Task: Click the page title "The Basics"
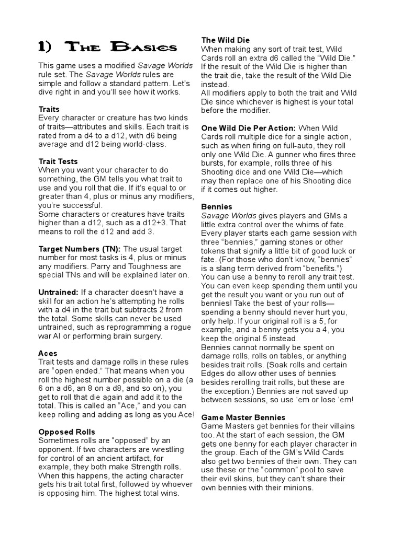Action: pyautogui.click(x=107, y=48)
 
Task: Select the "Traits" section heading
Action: pyautogui.click(x=49, y=109)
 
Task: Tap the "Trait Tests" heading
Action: pyautogui.click(x=59, y=161)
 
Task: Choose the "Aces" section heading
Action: pyautogui.click(x=48, y=353)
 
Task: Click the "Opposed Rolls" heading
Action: pyautogui.click(x=67, y=432)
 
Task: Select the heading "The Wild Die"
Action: pyautogui.click(x=226, y=40)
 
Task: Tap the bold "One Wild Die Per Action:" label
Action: pyautogui.click(x=249, y=127)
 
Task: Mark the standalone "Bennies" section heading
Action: pyautogui.click(x=217, y=207)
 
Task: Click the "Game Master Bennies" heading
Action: pyautogui.click(x=243, y=417)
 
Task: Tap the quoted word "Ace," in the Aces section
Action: pyautogui.click(x=125, y=406)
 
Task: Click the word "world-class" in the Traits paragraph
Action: pyautogui.click(x=141, y=144)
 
